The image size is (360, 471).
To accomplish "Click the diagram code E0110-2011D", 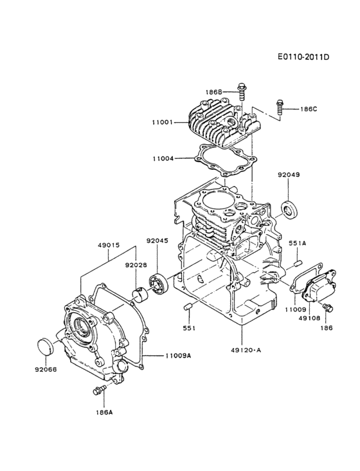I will click(303, 57).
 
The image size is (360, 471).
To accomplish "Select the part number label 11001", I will click(163, 122).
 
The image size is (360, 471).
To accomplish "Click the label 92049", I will click(289, 175).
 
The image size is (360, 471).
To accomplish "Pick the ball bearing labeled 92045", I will click(156, 282).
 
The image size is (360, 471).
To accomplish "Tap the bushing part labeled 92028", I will click(138, 293).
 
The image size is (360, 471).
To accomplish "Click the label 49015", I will click(109, 245).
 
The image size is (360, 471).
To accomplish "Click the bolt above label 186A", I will click(98, 391).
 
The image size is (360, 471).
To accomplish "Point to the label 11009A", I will click(177, 355).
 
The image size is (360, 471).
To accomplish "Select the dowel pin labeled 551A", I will click(298, 263).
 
